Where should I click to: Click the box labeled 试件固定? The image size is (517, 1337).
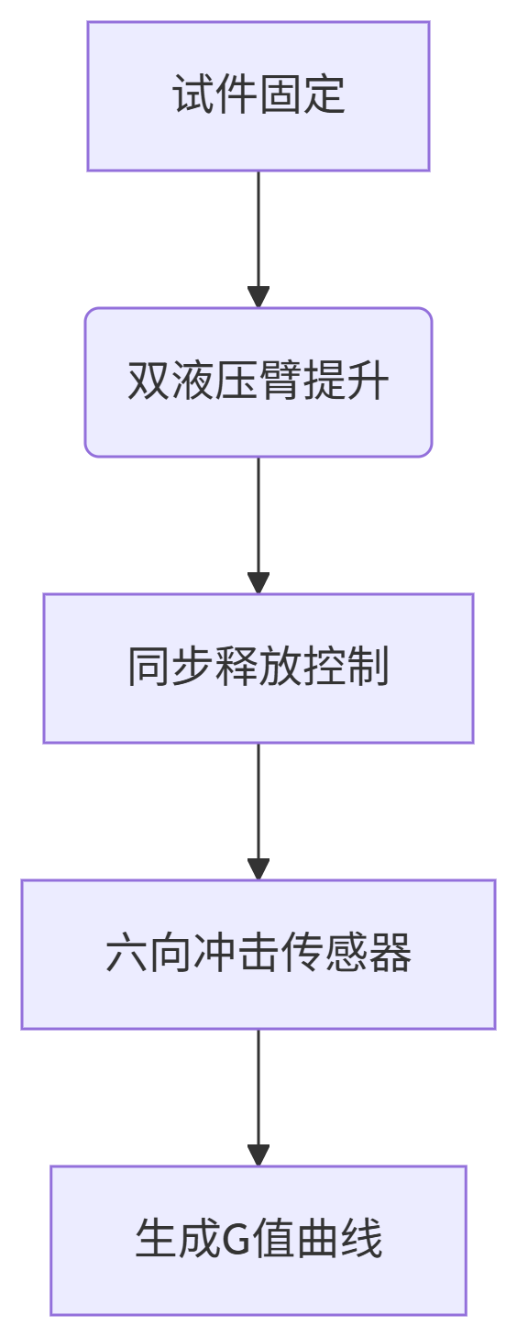point(258,96)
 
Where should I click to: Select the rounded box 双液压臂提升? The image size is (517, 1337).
point(258,382)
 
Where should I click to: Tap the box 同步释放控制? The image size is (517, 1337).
point(258,668)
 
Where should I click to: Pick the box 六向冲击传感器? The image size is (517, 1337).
point(258,955)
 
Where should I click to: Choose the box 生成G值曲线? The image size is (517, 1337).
point(258,1241)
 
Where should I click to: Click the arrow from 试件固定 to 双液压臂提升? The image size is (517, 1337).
point(258,239)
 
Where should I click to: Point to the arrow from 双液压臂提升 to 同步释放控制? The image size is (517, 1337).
point(258,525)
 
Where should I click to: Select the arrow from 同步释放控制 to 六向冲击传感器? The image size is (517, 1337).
point(258,812)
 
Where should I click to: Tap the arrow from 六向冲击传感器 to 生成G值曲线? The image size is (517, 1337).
point(258,1097)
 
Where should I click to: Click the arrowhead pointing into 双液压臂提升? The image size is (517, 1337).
point(258,297)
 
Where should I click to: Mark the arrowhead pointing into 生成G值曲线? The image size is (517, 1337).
point(258,1155)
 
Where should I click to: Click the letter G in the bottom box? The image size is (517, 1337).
point(236,1240)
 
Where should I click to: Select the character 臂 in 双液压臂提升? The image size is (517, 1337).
point(280,381)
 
